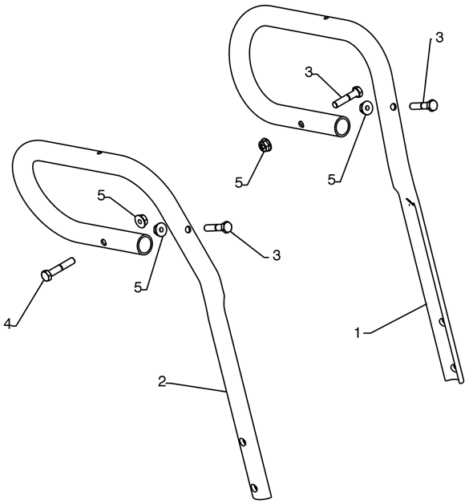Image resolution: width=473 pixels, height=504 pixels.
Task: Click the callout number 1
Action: (x=358, y=333)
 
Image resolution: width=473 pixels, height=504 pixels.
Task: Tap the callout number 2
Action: (x=162, y=382)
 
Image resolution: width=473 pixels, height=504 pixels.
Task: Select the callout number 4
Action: (x=7, y=323)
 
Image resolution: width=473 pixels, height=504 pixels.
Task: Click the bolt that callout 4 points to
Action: (x=58, y=269)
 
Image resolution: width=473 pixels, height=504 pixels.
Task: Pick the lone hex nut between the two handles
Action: (x=265, y=145)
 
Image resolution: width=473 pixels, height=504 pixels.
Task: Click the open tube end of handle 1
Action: (x=342, y=127)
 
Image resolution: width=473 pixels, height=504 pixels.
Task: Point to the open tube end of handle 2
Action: (x=144, y=245)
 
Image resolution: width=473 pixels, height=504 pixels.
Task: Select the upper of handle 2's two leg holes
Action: (x=243, y=442)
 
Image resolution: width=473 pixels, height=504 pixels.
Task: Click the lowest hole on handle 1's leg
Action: (x=454, y=367)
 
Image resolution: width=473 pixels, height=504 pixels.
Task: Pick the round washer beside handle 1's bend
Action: (x=366, y=108)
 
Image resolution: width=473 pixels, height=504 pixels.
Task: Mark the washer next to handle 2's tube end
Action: (x=160, y=230)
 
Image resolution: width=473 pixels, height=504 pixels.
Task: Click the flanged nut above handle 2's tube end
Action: (x=140, y=220)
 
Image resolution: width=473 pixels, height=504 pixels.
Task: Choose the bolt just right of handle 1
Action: (x=423, y=105)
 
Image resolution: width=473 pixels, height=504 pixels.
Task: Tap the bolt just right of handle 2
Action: (x=218, y=227)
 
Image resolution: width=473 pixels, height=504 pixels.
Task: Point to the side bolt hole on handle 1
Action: (x=393, y=107)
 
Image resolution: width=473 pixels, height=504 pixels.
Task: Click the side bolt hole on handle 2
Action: (x=188, y=230)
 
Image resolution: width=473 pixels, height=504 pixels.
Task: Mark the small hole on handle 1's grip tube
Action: (x=301, y=124)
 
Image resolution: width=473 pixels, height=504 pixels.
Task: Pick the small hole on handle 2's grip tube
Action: (x=103, y=242)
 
